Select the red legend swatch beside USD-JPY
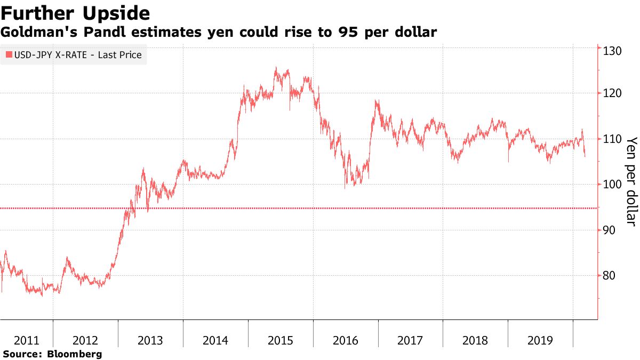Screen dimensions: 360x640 9,55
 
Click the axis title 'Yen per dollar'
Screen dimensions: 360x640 631,181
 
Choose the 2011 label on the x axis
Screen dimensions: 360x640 26,340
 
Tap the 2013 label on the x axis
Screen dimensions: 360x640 150,340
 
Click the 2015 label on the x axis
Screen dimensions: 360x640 281,340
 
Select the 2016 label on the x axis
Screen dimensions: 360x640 346,340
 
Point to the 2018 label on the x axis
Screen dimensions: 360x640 475,340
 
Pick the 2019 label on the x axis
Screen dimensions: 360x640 540,340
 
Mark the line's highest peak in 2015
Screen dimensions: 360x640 276,67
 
